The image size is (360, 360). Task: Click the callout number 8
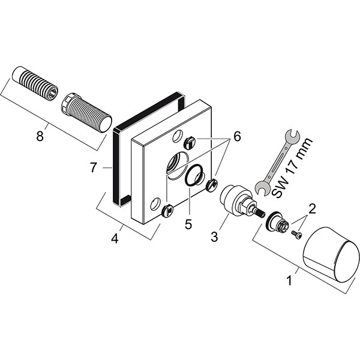point(40,136)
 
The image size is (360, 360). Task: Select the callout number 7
point(93,167)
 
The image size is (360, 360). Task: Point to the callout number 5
point(188,224)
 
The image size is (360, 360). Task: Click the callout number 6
point(237,136)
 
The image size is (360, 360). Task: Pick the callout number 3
point(214,237)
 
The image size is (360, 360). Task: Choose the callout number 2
point(312,209)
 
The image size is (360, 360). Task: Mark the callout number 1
point(289,280)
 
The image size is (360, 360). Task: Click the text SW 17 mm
point(292,168)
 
